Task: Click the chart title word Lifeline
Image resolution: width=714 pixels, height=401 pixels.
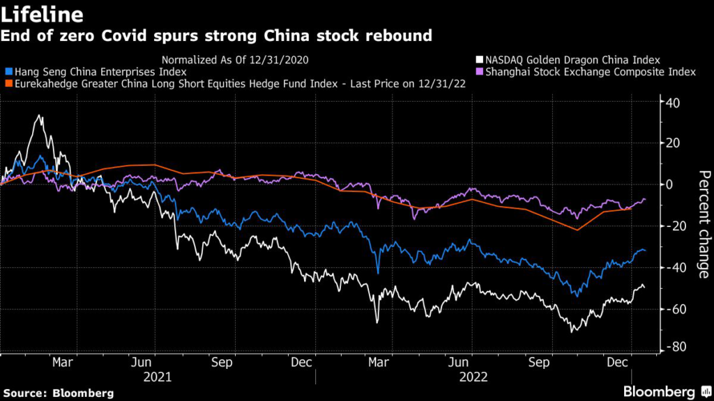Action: [43, 15]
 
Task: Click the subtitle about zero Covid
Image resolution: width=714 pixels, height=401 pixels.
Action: [217, 36]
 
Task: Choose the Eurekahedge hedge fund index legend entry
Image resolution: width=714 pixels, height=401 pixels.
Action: [237, 84]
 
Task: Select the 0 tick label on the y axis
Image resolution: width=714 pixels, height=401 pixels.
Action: [670, 184]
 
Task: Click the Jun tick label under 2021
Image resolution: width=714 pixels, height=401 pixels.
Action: [142, 363]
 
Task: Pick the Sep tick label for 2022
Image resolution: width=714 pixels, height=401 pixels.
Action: [536, 363]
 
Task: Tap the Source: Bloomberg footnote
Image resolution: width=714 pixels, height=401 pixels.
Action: [57, 392]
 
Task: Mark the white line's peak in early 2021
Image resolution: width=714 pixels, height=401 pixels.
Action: [40, 116]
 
